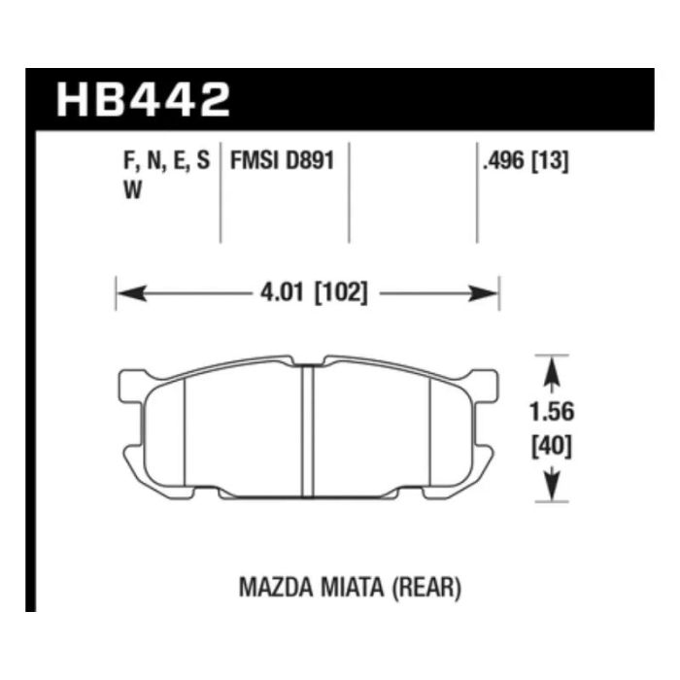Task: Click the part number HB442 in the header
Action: click(143, 100)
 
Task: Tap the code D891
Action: click(310, 161)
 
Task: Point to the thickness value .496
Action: click(503, 161)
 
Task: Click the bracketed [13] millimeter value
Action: click(550, 161)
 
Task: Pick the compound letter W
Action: click(133, 189)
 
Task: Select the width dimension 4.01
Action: click(282, 292)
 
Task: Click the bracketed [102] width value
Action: click(341, 292)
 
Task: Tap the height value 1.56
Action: click(552, 411)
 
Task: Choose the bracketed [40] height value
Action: click(552, 447)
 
